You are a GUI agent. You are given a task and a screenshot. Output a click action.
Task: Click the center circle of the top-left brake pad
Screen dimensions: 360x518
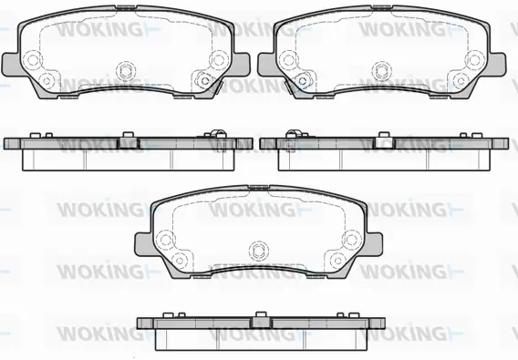coord(125,68)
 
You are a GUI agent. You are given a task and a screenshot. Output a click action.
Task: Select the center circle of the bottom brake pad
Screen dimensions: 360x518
coord(257,249)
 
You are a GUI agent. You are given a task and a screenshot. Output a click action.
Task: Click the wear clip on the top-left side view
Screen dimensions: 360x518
coord(217,138)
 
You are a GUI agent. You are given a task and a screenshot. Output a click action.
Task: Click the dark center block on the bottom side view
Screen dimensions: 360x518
coord(259,322)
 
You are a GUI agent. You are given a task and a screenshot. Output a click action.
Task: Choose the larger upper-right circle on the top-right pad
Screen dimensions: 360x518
coord(472,59)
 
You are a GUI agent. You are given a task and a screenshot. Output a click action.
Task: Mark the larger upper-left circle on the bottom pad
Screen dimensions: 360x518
coord(166,240)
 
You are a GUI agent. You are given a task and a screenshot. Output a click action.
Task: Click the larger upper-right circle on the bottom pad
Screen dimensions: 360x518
coord(349,240)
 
